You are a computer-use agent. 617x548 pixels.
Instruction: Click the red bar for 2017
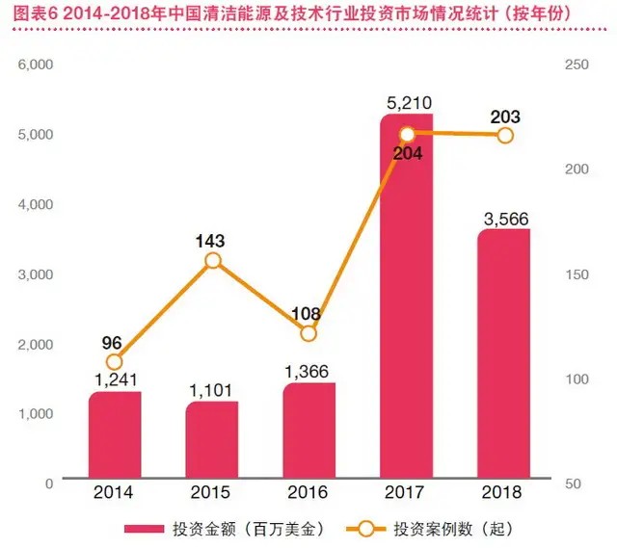[x=406, y=299]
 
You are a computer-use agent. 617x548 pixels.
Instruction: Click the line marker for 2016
[x=308, y=333]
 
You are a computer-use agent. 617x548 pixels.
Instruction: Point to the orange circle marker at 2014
[x=115, y=361]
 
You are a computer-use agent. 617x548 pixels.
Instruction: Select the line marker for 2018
[x=504, y=136]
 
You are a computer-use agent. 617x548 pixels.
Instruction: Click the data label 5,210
[x=406, y=98]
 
